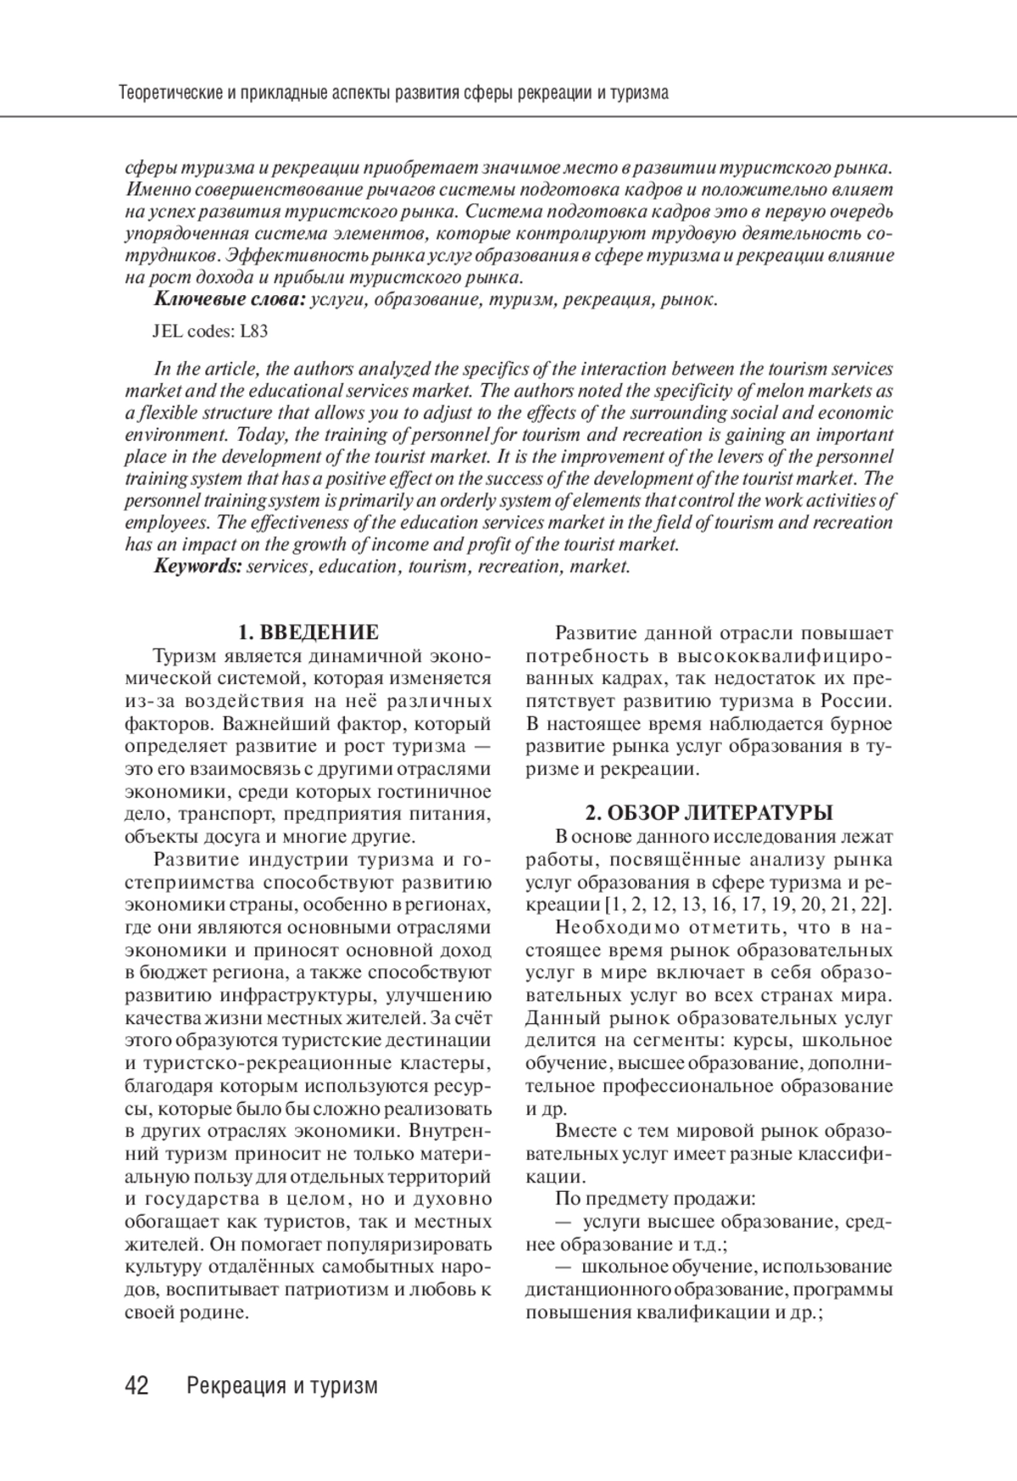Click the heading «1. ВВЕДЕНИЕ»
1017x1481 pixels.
click(x=308, y=632)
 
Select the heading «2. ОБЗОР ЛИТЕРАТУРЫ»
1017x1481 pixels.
click(x=709, y=813)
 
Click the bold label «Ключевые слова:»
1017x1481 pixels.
click(x=230, y=299)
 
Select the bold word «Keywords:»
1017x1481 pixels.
click(x=198, y=566)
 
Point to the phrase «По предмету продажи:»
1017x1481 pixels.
click(x=655, y=1199)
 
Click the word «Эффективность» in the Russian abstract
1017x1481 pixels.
click(x=271, y=255)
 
